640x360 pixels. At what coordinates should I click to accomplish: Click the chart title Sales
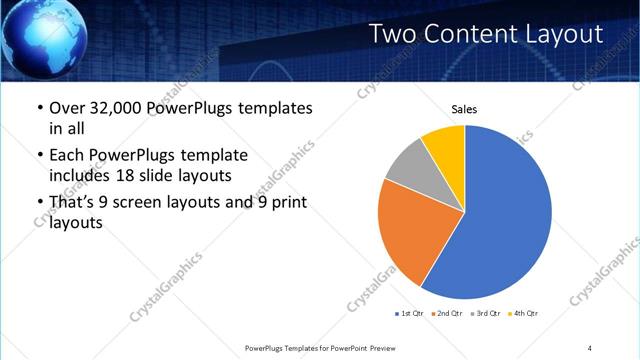(x=464, y=108)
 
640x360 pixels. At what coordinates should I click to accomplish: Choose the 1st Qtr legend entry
(x=410, y=314)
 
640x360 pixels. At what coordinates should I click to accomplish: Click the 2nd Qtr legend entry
(x=447, y=314)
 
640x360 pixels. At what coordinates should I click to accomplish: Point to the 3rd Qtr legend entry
(x=485, y=314)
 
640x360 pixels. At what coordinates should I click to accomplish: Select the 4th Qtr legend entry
(x=523, y=314)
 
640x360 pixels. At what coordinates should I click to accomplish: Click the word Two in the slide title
(x=393, y=34)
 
